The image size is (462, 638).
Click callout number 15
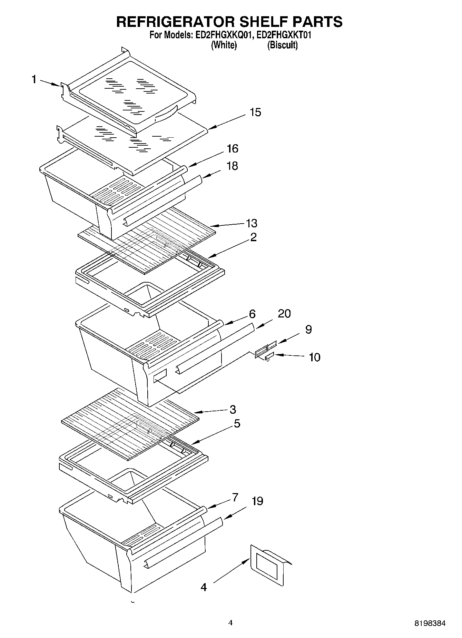coord(255,112)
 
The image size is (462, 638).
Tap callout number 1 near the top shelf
coord(34,80)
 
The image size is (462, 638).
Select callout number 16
coord(232,149)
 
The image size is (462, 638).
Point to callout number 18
coord(232,166)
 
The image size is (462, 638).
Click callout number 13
coord(252,223)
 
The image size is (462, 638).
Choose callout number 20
coord(284,314)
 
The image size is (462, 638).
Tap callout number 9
coord(308,330)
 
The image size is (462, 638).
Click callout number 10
coord(314,357)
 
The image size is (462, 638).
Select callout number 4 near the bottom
coord(204,587)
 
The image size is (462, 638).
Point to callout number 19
coord(257,501)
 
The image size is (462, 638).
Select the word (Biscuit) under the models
coord(282,45)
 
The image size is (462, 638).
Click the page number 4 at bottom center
coord(230,623)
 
